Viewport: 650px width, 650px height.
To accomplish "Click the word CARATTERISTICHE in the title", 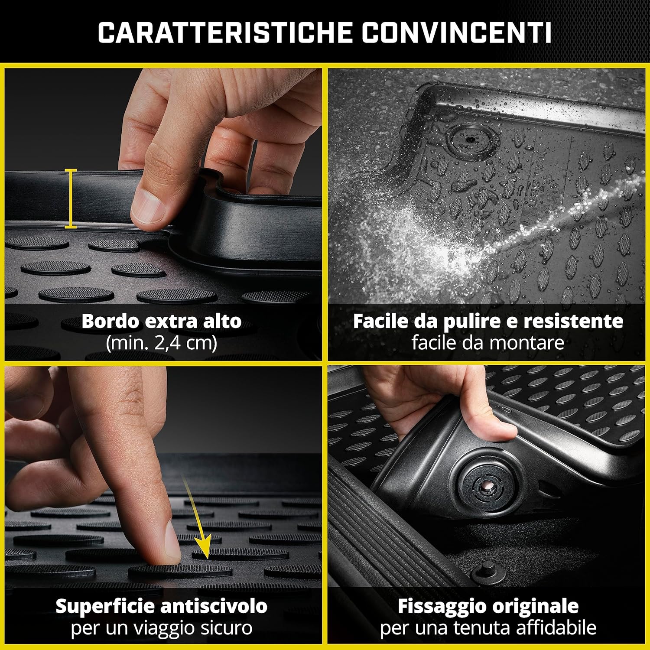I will pyautogui.click(x=224, y=32).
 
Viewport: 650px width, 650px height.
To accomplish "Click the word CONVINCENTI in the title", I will pyautogui.click(x=456, y=32).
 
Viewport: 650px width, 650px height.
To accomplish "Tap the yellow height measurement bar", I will pyautogui.click(x=71, y=198).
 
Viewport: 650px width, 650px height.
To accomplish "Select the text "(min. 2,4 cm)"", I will pyautogui.click(x=161, y=343).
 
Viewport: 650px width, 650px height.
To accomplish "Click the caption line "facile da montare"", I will pyautogui.click(x=487, y=343).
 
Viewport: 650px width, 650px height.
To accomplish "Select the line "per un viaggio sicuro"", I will pyautogui.click(x=161, y=628).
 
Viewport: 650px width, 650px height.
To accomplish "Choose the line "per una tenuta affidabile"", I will pyautogui.click(x=487, y=628).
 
